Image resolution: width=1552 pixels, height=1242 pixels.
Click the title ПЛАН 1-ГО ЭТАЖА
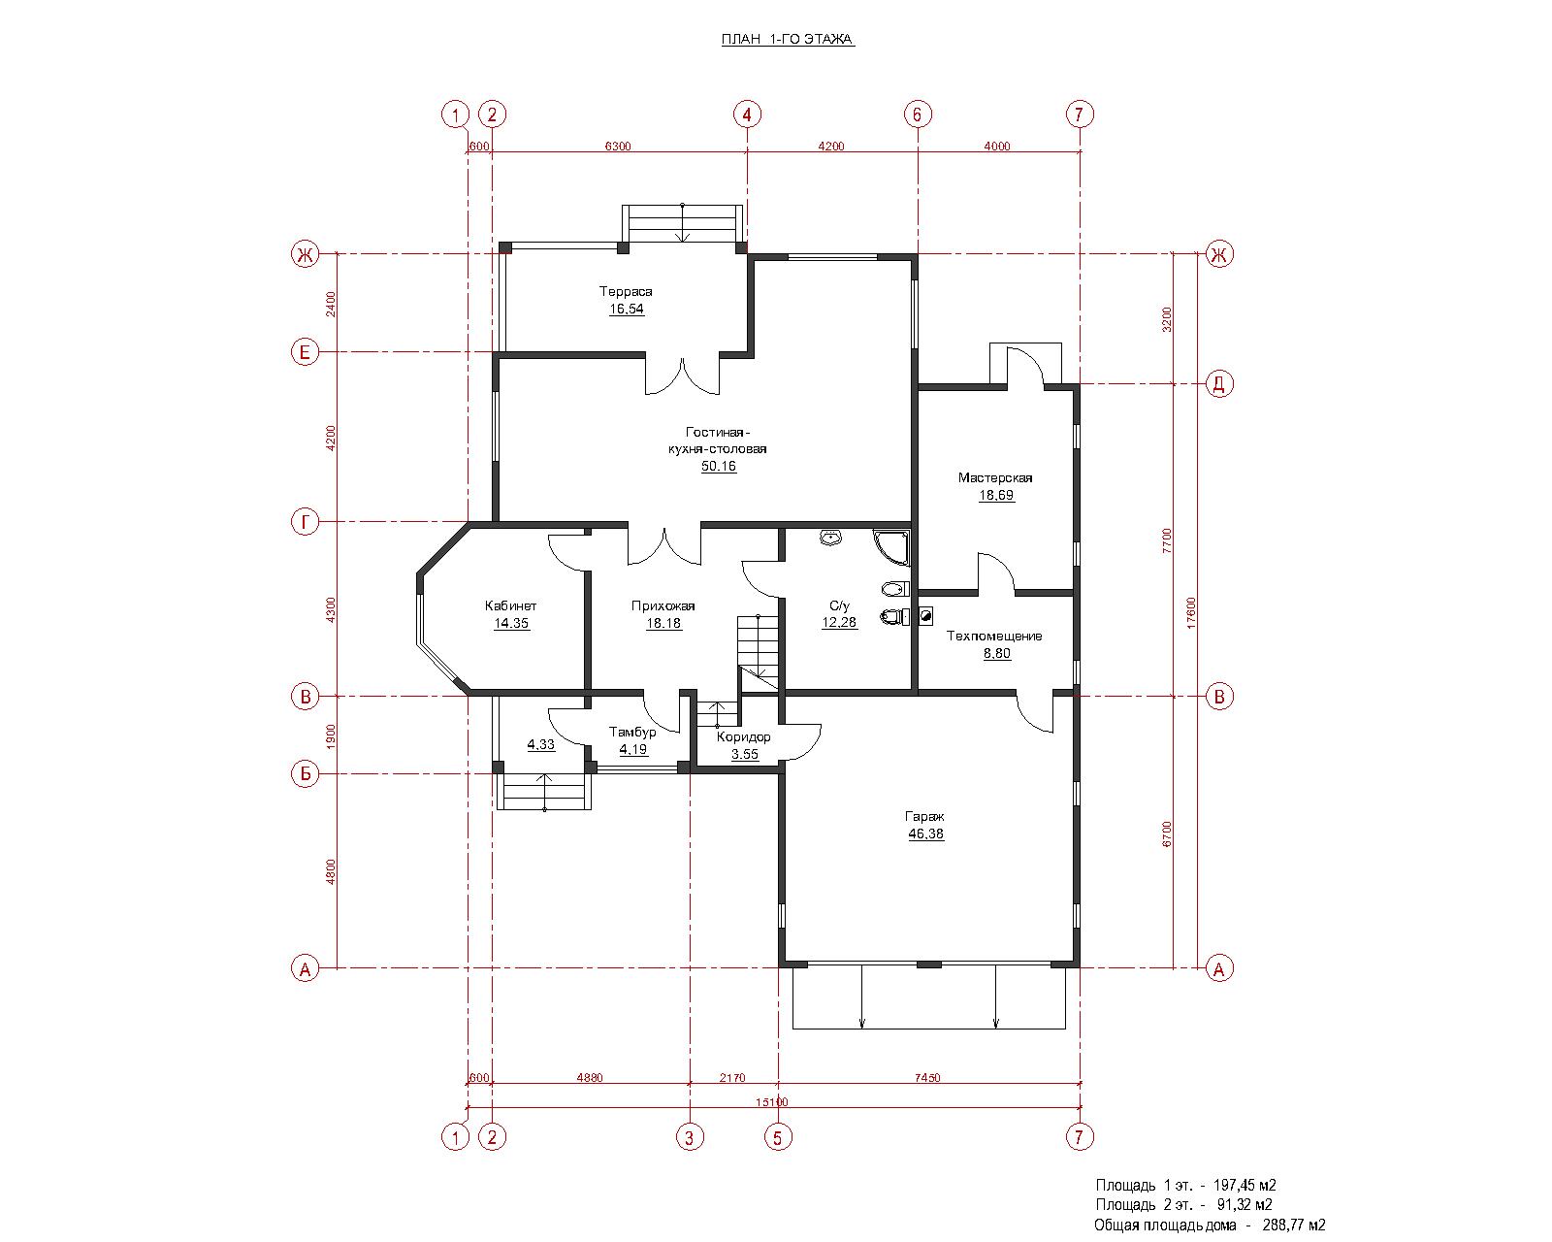pos(788,39)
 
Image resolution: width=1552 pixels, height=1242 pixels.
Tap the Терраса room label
pos(626,291)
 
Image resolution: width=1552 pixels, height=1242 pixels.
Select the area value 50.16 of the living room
pos(719,466)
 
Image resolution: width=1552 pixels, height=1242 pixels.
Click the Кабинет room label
pos(510,606)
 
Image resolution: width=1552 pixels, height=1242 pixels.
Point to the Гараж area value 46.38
pos(926,834)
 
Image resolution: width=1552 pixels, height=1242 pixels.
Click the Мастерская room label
pos(995,477)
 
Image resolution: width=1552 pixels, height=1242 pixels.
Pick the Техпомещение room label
pos(994,637)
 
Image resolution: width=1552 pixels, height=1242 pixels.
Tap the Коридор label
pos(744,736)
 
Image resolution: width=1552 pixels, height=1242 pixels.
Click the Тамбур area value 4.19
pos(633,750)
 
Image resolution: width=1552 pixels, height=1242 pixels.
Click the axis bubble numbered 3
pos(690,1138)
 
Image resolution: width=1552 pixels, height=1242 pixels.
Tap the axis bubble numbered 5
pos(777,1138)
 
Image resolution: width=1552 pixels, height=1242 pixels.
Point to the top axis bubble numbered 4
pos(747,114)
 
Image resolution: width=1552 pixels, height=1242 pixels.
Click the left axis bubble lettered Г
pos(305,522)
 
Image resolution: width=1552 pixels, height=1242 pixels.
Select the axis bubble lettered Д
pos(1219,384)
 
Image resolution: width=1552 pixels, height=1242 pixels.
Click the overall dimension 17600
pos(1191,612)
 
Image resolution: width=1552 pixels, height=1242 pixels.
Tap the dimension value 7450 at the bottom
pos(927,1078)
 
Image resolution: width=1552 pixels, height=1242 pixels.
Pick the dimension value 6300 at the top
pos(617,147)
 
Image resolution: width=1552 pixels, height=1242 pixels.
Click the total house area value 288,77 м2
pos(1294,1225)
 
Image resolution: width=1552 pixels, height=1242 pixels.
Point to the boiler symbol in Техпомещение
pos(925,617)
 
